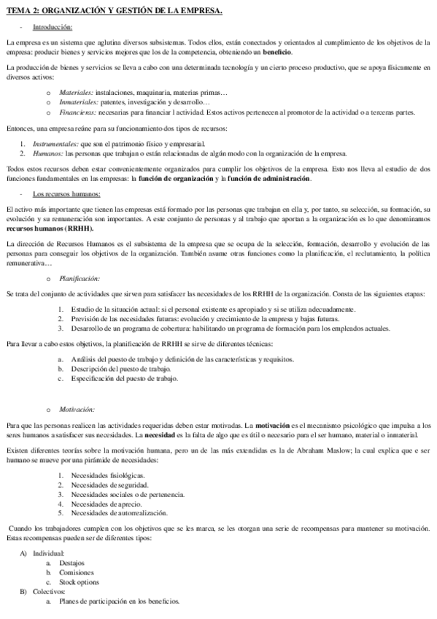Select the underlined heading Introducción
(x=53, y=27)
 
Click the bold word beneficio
(x=278, y=53)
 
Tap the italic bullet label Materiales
(x=77, y=93)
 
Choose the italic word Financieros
(x=79, y=112)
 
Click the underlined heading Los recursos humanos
(x=66, y=193)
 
